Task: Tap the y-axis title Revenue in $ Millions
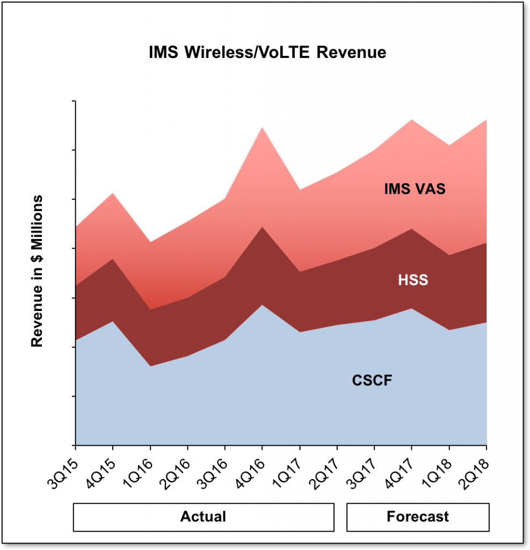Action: pyautogui.click(x=37, y=271)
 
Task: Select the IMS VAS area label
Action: pyautogui.click(x=415, y=190)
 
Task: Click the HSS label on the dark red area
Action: pyautogui.click(x=413, y=280)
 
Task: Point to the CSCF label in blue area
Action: pyautogui.click(x=372, y=381)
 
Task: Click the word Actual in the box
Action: pyautogui.click(x=203, y=517)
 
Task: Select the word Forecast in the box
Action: pyautogui.click(x=417, y=517)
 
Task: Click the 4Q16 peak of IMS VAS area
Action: pyautogui.click(x=262, y=128)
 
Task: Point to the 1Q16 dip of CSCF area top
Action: pyautogui.click(x=150, y=366)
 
